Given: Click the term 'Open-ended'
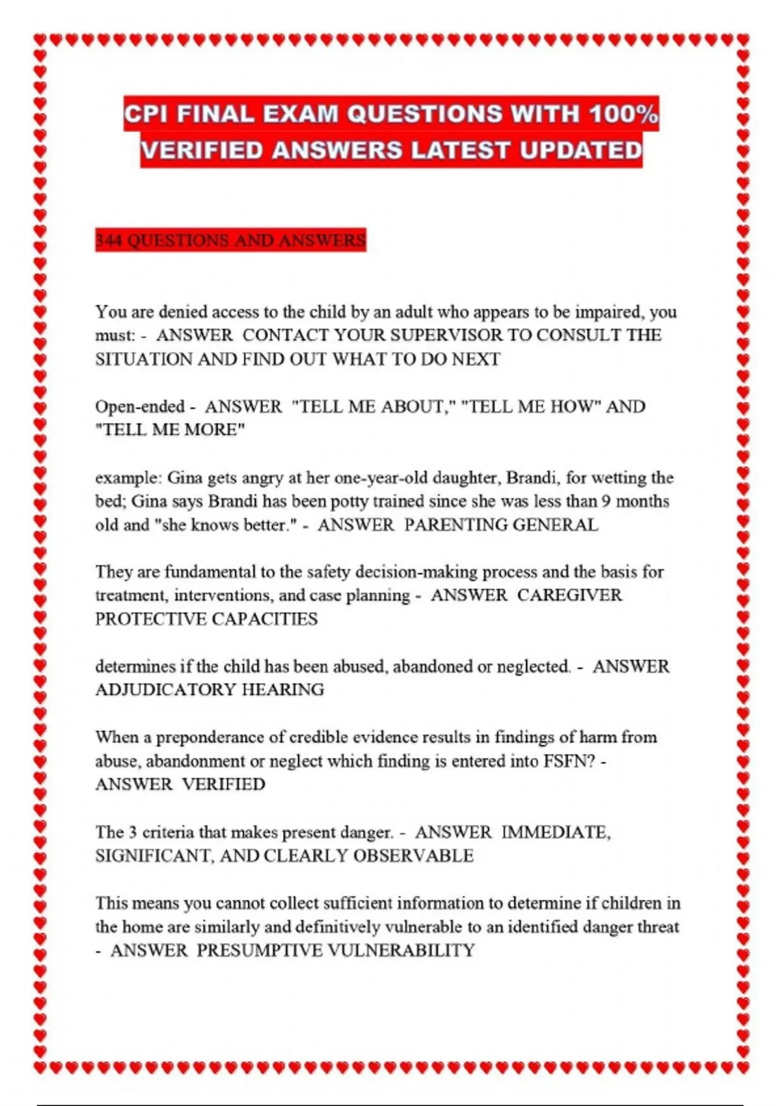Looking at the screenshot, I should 140,407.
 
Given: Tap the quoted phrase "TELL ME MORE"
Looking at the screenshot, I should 170,430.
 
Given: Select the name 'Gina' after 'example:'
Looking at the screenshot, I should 185,478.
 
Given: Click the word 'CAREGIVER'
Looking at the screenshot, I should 569,595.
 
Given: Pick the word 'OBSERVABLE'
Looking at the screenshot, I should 413,856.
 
